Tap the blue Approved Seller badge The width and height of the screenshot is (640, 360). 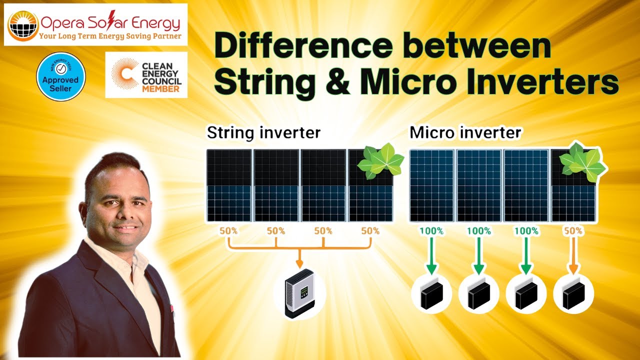pyautogui.click(x=61, y=76)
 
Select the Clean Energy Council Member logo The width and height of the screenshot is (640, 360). pyautogui.click(x=146, y=74)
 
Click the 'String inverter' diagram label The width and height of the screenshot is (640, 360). pyautogui.click(x=263, y=133)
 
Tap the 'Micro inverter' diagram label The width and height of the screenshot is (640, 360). pyautogui.click(x=465, y=133)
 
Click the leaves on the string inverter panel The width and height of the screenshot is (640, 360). pyautogui.click(x=379, y=161)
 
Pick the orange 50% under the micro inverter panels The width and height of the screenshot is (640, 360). pyautogui.click(x=573, y=231)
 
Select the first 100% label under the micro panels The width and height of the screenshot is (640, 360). pyautogui.click(x=431, y=231)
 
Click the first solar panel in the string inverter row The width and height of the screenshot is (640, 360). pyautogui.click(x=229, y=185)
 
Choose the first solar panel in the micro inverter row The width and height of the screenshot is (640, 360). pyautogui.click(x=431, y=185)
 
